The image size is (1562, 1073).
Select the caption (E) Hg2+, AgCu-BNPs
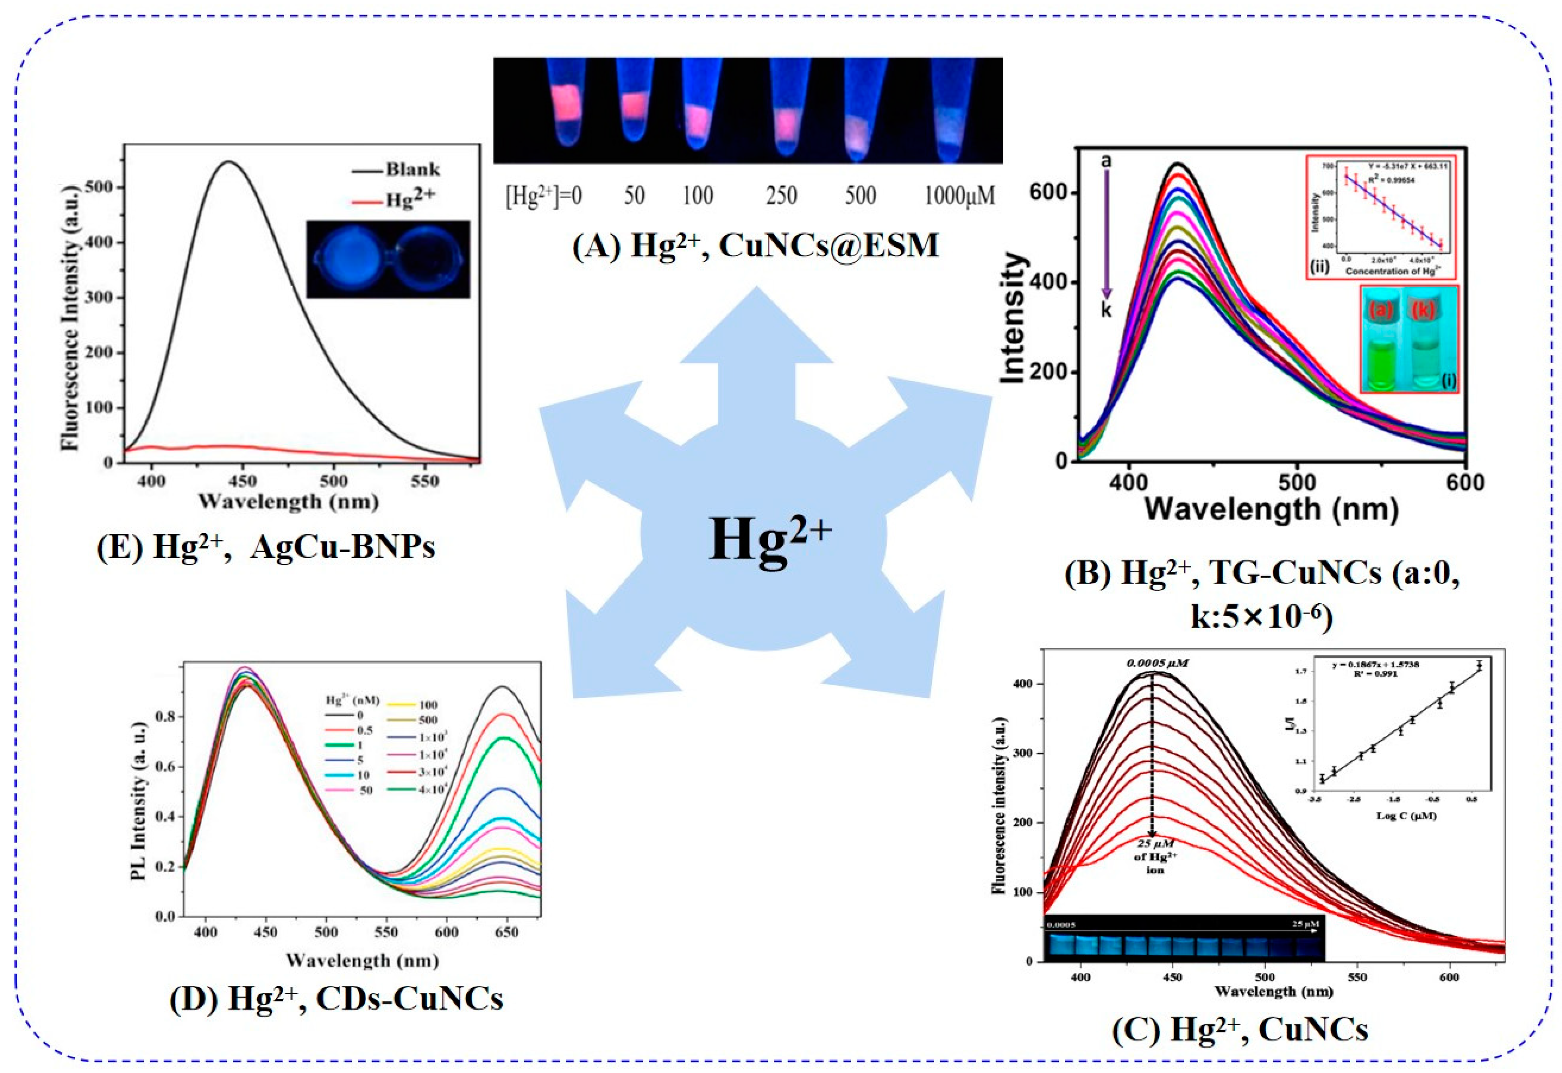point(266,547)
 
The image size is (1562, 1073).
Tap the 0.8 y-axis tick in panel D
point(166,717)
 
